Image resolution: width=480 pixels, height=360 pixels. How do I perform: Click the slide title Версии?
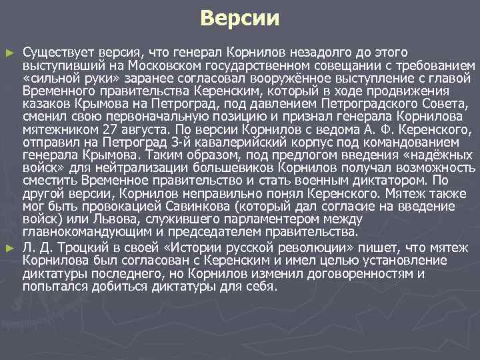pos(240,18)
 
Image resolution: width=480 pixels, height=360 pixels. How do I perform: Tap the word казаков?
pos(44,104)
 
